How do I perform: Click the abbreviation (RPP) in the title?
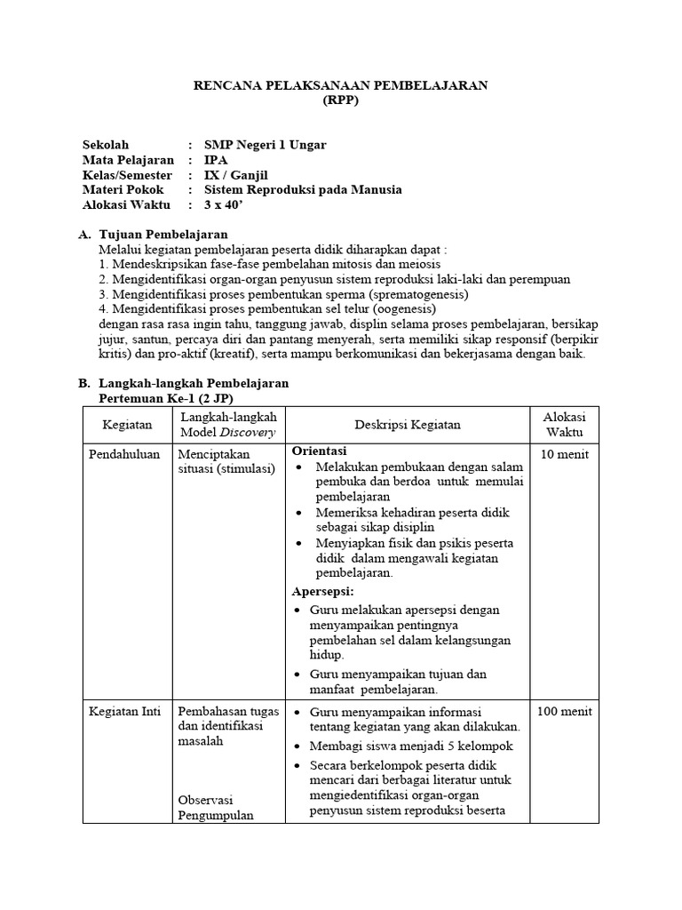point(341,100)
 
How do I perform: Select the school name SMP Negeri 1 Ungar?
point(265,145)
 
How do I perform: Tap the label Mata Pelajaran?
point(128,160)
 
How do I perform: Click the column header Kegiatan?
point(127,425)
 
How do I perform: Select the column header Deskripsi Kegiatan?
point(408,425)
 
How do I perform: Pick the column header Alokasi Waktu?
point(565,425)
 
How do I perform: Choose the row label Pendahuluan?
point(124,454)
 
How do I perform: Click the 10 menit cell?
point(564,454)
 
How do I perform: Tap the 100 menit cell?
point(564,712)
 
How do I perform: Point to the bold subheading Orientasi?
point(321,451)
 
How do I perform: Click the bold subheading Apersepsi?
point(323,591)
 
